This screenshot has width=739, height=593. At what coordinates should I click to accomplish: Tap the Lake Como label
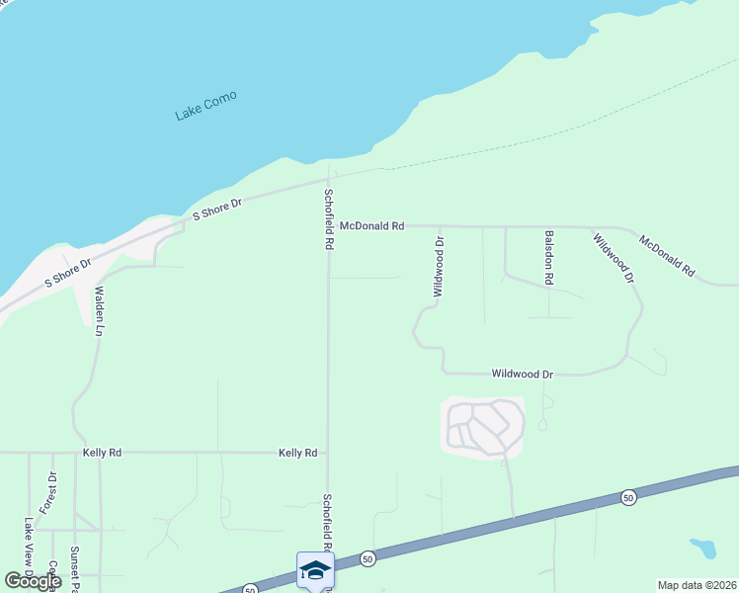(205, 107)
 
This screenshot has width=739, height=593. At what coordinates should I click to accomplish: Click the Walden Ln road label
(99, 311)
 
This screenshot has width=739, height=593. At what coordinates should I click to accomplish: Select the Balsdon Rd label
(548, 258)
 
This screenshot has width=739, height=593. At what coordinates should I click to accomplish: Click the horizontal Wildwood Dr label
(523, 375)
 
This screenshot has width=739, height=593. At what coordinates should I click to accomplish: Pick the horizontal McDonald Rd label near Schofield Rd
(371, 226)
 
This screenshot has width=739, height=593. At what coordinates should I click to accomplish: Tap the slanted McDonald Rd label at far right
(667, 255)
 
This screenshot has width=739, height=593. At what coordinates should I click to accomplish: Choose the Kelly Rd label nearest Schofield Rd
(297, 453)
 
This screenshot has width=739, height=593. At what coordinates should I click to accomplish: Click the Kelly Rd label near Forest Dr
(102, 453)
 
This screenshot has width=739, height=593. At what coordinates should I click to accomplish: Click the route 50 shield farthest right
(628, 497)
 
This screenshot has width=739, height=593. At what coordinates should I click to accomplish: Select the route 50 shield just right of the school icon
(367, 557)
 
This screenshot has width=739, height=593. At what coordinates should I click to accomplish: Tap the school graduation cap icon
(315, 570)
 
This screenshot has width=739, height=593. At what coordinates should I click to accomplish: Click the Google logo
(33, 581)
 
